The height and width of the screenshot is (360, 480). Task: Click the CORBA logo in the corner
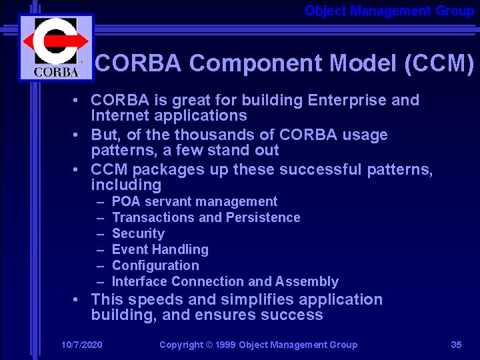tap(56, 47)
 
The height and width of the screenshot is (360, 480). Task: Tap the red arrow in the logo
tap(57, 41)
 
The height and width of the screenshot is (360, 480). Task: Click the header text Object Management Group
tap(389, 11)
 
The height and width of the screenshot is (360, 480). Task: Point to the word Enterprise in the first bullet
tap(347, 101)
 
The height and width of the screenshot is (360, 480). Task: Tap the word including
tap(126, 185)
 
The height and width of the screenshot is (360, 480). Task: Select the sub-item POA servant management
tap(195, 201)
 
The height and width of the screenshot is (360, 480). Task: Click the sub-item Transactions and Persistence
tap(206, 217)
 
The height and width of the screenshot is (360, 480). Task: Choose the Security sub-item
tap(138, 233)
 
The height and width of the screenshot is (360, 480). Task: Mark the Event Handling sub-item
tap(160, 249)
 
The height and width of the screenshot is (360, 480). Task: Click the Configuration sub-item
tap(155, 265)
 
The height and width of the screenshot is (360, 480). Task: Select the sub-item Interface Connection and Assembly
tap(225, 281)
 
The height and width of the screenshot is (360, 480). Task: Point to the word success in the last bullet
tap(295, 315)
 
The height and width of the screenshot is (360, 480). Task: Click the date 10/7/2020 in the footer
tap(81, 345)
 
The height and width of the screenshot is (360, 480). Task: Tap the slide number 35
tap(456, 345)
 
